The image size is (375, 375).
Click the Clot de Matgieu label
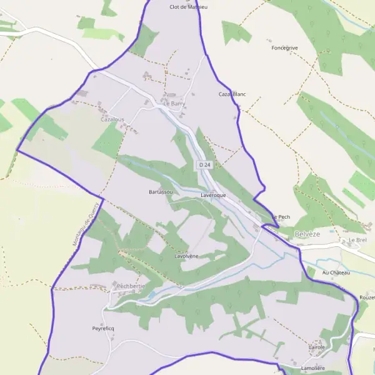point(188,7)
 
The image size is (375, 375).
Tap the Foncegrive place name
point(285,47)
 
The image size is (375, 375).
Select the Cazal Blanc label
point(232,94)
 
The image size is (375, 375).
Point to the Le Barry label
point(174,103)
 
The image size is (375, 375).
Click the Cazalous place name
point(112,119)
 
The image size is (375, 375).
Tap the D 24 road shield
point(203,164)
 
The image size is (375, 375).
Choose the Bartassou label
point(161,192)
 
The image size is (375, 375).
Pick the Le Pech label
point(282,217)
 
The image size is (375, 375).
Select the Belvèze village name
point(306,234)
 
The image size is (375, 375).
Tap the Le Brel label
point(357,240)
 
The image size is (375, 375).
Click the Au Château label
point(336,273)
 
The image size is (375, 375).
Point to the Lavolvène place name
point(187,256)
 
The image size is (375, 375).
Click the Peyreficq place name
point(104,328)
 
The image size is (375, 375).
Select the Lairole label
point(317,346)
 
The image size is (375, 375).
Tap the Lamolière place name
point(314,368)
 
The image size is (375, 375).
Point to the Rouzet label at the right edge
point(367,297)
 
